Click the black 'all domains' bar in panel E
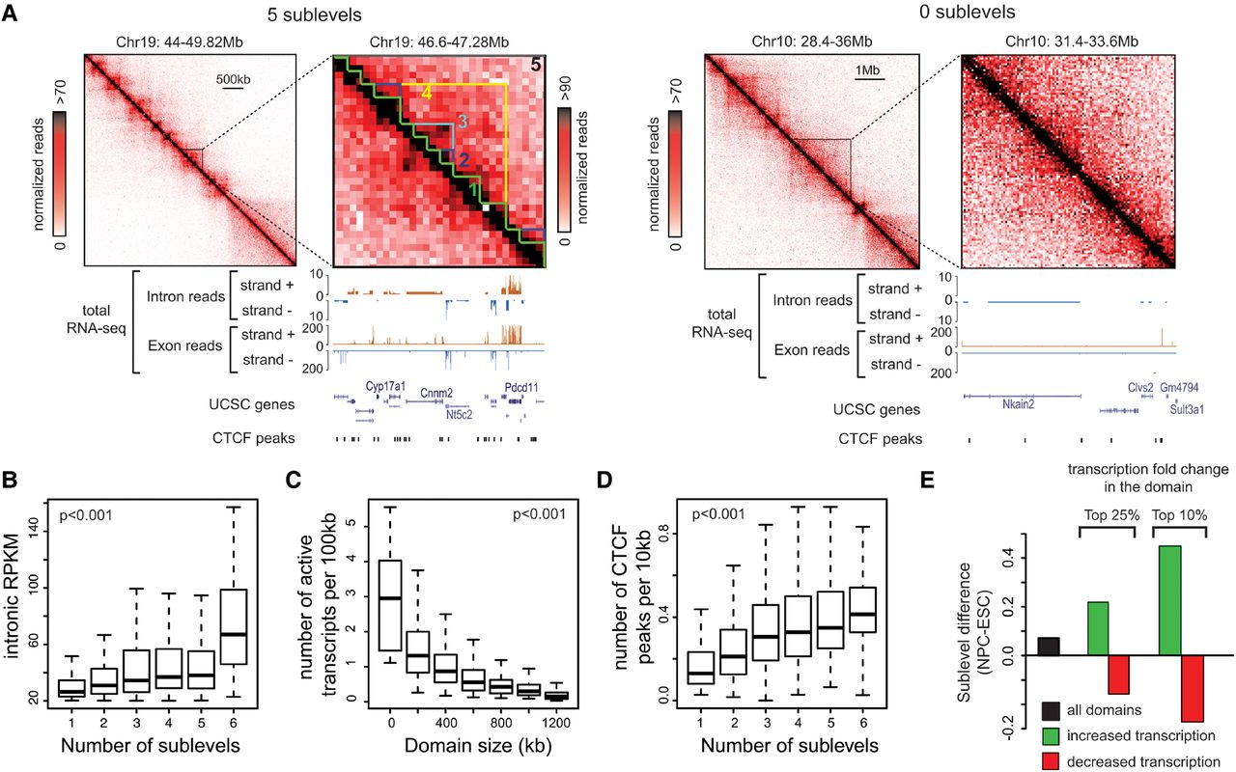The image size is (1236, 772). [1049, 646]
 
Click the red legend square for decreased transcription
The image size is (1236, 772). [1052, 762]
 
